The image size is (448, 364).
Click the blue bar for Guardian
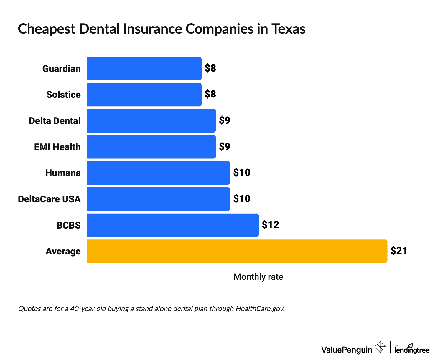click(x=144, y=68)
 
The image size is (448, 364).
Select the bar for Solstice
click(x=144, y=95)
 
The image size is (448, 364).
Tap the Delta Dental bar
click(x=151, y=121)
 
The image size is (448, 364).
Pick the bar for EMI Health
click(x=151, y=147)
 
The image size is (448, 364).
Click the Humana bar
click(x=158, y=173)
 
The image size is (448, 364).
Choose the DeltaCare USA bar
click(x=158, y=199)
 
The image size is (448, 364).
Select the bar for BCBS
click(x=173, y=225)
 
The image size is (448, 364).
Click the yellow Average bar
click(x=237, y=251)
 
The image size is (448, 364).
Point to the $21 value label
click(x=398, y=251)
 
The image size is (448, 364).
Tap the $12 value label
click(x=270, y=225)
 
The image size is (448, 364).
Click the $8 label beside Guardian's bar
click(x=210, y=68)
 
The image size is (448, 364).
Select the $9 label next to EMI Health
click(x=225, y=147)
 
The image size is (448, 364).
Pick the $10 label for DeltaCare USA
click(x=242, y=199)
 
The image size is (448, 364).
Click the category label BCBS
click(x=68, y=225)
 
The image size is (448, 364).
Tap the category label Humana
click(x=63, y=173)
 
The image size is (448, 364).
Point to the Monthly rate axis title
click(x=258, y=277)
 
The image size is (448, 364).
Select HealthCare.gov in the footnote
click(x=260, y=309)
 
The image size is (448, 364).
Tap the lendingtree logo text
click(x=412, y=349)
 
